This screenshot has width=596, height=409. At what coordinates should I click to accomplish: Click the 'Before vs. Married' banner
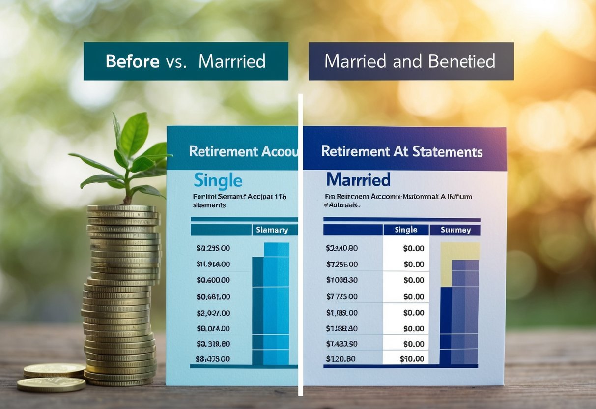186,61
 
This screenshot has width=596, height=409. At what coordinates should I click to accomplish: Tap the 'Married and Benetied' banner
411,61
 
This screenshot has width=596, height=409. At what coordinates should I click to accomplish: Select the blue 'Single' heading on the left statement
218,180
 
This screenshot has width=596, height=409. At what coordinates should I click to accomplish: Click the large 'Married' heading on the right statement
358,179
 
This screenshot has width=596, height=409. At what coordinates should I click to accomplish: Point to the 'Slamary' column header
273,230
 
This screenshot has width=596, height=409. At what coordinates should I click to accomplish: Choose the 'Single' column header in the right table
406,230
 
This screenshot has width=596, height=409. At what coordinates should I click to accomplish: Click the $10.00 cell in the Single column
413,359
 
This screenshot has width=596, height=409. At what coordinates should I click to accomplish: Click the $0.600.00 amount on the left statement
213,280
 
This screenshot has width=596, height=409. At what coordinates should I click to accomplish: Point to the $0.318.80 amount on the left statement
213,343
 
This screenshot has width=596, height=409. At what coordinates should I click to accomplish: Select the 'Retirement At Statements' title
401,151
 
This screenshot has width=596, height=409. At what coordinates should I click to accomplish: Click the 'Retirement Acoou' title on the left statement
243,151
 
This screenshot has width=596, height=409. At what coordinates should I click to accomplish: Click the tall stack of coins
121,295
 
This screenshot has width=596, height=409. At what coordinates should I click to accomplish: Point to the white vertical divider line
300,246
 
